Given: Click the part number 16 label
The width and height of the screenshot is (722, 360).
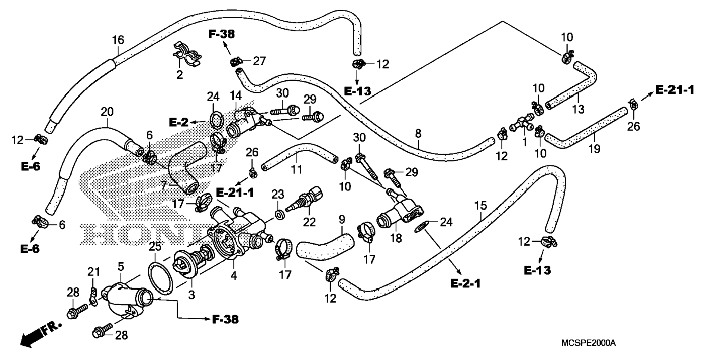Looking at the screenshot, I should tap(118, 40).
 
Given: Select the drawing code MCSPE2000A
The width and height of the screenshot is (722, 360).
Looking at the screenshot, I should tap(588, 343).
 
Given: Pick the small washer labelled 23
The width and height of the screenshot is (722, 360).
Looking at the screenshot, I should tap(278, 215).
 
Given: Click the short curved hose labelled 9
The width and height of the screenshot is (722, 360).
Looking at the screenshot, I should tap(325, 246).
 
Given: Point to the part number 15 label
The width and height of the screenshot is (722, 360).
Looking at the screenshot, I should tap(481, 205).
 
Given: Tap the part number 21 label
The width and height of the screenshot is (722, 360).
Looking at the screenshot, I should tap(94, 271).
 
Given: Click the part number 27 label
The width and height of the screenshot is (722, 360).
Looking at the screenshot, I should tap(259, 60).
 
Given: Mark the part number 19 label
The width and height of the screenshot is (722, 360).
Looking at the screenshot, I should tap(594, 149).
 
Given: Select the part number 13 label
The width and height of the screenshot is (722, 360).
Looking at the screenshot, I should tap(578, 109).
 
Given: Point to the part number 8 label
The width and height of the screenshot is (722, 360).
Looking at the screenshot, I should tap(418, 133).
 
